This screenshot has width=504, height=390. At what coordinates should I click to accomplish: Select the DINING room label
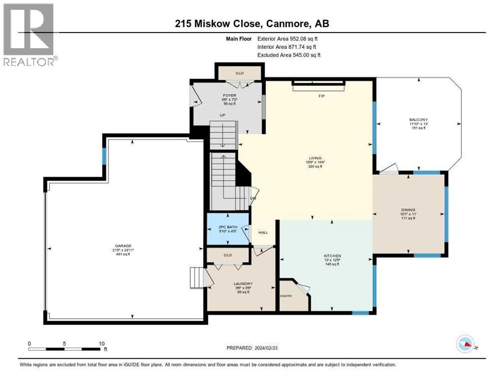[x=408, y=210]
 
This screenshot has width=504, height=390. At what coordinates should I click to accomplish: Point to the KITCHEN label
[x=332, y=256]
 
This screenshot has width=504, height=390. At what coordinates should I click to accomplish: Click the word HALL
[x=263, y=233]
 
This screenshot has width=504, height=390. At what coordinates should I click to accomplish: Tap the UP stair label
[x=222, y=115]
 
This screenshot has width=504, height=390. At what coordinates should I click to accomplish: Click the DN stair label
[x=253, y=199]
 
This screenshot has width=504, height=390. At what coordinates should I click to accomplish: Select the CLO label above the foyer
[x=240, y=73]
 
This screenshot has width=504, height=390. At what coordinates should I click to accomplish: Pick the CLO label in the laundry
[x=227, y=255]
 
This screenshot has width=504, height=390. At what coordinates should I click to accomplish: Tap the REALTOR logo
[x=29, y=35]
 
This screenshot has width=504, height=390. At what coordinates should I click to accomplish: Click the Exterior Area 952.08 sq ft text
[x=288, y=39]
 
